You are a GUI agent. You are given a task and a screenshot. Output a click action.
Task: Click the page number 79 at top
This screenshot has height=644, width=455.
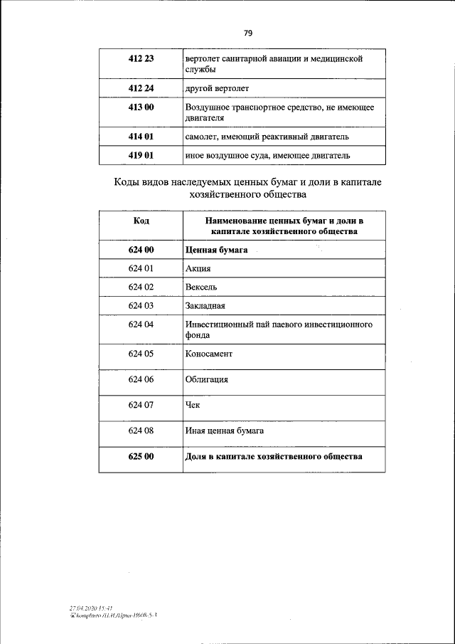[248, 33]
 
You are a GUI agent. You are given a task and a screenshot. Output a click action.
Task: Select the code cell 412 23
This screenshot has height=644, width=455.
[141, 59]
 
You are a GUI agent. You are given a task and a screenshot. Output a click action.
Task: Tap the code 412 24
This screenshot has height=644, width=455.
[141, 88]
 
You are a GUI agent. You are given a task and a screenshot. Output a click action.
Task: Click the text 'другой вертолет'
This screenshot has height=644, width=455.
[217, 88]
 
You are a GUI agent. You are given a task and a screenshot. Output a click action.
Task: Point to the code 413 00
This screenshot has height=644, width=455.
[141, 107]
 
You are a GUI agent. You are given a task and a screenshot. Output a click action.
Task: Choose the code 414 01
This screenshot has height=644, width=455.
[141, 136]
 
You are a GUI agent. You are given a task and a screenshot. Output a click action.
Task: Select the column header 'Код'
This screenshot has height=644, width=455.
[141, 221]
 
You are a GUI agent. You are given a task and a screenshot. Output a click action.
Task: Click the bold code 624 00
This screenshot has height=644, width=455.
[141, 250]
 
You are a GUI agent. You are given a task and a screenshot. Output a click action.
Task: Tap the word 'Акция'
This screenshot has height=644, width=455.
[198, 269]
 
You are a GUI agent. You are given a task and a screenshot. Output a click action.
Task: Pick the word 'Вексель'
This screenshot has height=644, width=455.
[201, 287]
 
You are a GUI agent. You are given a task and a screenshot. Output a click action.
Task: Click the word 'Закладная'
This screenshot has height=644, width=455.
[205, 306]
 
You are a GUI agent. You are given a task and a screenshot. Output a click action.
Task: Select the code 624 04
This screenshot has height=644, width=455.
[141, 324]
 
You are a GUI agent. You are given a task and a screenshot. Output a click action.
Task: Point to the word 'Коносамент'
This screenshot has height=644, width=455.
[208, 353]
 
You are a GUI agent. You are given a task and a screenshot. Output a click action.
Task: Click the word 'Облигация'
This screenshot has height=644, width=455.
[206, 380]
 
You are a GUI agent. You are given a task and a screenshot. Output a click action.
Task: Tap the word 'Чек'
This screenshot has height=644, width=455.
[193, 406]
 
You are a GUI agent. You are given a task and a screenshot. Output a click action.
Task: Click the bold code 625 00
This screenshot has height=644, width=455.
[141, 457]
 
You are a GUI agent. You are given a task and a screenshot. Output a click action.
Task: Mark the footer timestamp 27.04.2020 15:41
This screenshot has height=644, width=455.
[87, 608]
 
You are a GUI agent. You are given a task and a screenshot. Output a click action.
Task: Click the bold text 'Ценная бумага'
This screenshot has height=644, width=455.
[216, 250]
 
